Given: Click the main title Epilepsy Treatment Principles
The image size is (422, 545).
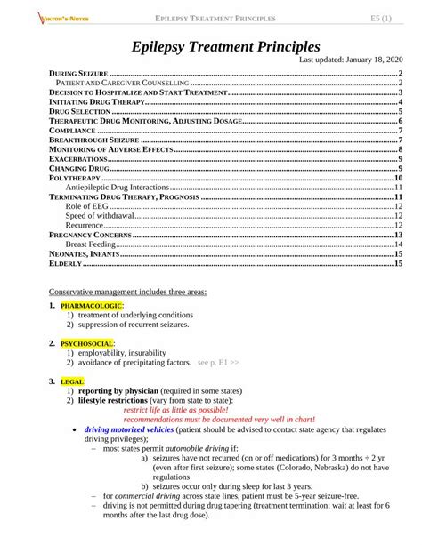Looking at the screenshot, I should [x=226, y=45].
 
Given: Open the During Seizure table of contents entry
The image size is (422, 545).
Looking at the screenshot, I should [x=76, y=73].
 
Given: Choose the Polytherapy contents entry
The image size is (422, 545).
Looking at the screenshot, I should [x=74, y=179].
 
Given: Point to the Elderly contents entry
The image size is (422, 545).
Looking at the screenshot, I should [x=65, y=263].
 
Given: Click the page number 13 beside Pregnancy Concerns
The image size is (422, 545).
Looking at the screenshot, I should [x=400, y=235].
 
